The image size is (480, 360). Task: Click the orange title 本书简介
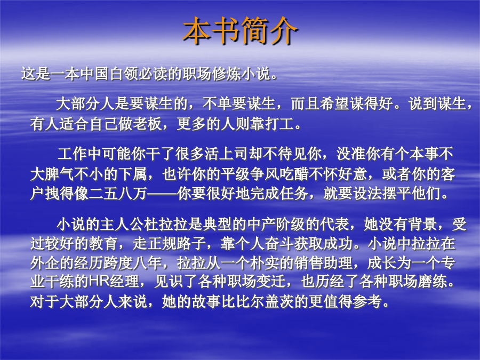click(241, 31)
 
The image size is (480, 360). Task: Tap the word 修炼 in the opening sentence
click(226, 74)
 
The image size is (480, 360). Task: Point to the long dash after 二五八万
click(162, 194)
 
